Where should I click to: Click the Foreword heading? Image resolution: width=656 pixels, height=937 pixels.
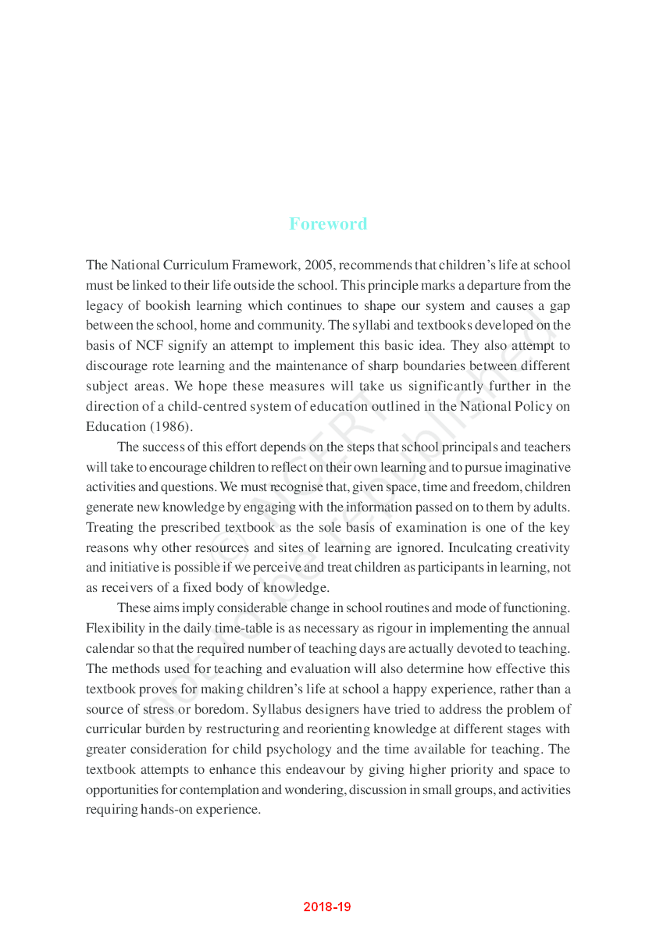[328, 224]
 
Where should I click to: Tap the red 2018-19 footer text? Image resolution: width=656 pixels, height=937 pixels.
[328, 907]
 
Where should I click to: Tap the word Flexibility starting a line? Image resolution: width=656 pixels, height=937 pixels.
[114, 629]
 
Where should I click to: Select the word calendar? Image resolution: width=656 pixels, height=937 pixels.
[111, 649]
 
